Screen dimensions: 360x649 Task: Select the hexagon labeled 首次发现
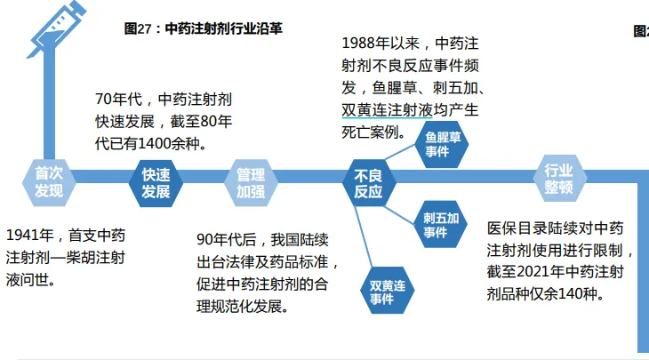tap(49, 181)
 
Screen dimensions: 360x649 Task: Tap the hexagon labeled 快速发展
tap(156, 182)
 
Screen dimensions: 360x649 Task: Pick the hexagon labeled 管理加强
tap(250, 182)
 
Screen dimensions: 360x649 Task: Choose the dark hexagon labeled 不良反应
tap(368, 182)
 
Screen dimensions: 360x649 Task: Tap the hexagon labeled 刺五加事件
tap(440, 224)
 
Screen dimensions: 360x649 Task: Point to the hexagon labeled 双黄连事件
tap(389, 292)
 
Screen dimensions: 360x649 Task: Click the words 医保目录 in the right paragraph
tap(516, 228)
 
